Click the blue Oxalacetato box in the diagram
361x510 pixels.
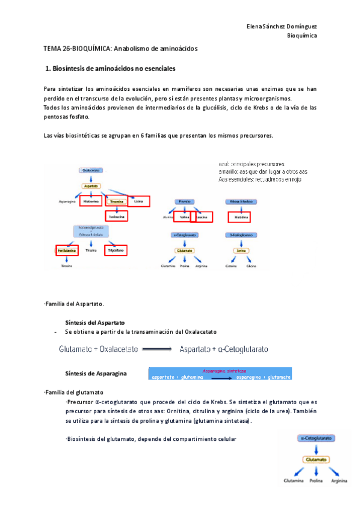(88, 170)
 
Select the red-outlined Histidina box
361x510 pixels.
(238, 217)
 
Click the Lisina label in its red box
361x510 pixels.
(138, 201)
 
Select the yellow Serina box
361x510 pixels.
(239, 250)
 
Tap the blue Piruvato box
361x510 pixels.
(185, 201)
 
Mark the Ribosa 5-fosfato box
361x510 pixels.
(239, 201)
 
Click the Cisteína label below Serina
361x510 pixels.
(229, 265)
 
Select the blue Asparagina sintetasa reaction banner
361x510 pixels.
(220, 374)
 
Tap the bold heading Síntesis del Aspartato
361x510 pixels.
(95, 323)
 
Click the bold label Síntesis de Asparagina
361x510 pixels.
(96, 373)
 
